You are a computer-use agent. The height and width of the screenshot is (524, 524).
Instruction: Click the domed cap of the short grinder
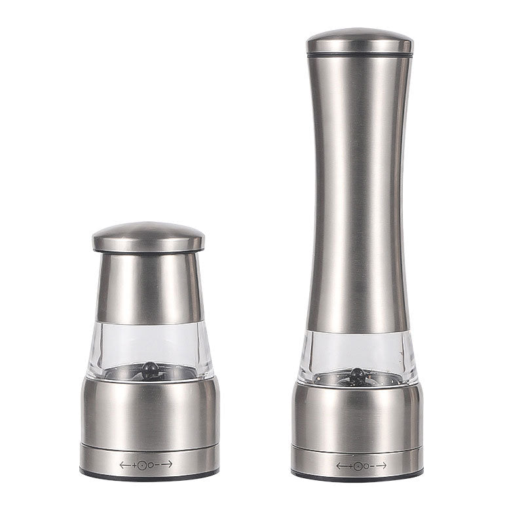[x=148, y=236]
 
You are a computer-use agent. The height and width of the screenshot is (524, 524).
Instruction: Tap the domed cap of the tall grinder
[x=360, y=41]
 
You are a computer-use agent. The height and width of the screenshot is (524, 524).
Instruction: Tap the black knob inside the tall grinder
[x=357, y=375]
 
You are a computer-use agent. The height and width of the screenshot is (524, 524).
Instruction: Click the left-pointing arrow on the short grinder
[x=124, y=464]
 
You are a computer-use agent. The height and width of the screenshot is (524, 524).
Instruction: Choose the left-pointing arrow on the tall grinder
[x=341, y=466]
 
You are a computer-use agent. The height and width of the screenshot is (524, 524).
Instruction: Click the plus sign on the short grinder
[x=135, y=464]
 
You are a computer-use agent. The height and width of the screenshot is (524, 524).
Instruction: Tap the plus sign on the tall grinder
[x=350, y=466]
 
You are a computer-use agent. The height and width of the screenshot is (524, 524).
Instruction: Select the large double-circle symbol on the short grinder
[x=143, y=464]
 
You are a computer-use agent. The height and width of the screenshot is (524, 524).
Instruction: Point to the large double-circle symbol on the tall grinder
[x=358, y=466]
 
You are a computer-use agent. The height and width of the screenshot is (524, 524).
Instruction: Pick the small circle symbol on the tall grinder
[x=366, y=466]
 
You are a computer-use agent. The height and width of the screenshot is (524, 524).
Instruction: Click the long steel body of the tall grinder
[x=359, y=196]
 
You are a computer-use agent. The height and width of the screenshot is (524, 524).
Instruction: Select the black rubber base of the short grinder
[x=149, y=474]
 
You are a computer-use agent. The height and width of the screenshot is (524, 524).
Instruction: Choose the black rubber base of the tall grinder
[x=357, y=475]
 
